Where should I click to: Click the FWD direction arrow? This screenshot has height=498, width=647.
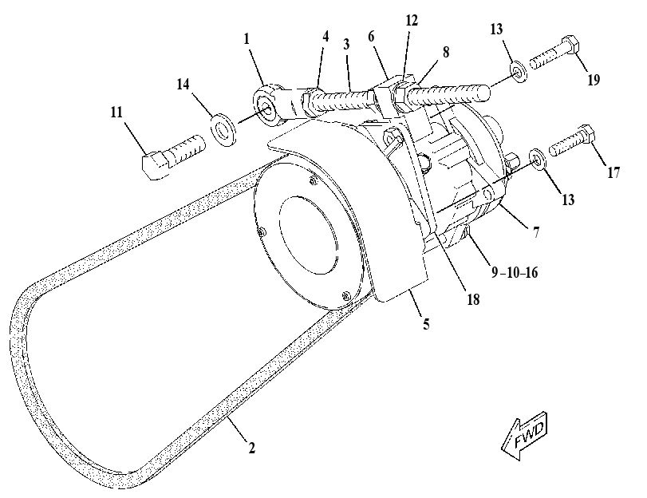pos(525,436)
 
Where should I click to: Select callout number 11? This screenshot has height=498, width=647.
pos(116,112)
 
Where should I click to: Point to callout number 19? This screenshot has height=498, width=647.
pos(594,79)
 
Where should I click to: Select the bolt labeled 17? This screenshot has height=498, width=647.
pos(572,140)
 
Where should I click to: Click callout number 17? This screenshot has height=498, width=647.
pos(613,172)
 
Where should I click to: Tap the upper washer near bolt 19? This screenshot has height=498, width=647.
pos(519,72)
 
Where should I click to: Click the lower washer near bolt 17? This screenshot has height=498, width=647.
pos(537,158)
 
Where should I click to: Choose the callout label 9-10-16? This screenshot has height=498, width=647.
pos(515,272)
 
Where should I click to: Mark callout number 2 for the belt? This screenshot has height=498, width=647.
pos(251,447)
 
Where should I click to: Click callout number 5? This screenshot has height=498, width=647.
pos(426,323)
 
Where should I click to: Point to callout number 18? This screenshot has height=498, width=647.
pos(473,299)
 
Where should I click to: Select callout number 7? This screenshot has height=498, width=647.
pos(536,232)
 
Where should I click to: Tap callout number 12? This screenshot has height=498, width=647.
pos(412,20)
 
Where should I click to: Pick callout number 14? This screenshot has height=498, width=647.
pos(183,84)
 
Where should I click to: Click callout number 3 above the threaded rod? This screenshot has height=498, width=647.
pos(346,44)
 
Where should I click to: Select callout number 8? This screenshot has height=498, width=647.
pos(446,52)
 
